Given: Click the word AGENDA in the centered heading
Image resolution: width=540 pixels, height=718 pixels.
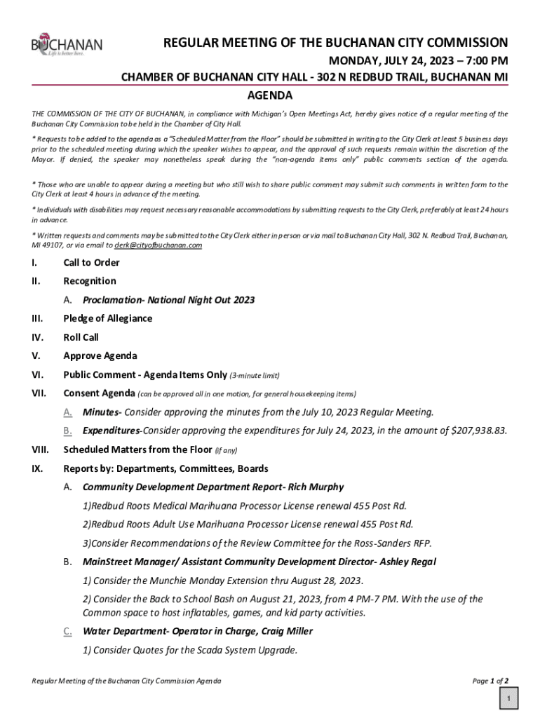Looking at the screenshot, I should point(270,95).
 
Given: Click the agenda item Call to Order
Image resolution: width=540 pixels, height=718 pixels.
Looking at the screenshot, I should point(91,262).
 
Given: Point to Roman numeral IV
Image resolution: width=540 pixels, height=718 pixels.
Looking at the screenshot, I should point(37,337).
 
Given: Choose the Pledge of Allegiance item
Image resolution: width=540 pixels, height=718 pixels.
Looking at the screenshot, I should point(107,318).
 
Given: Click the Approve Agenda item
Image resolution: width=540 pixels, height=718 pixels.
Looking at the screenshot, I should point(100,356).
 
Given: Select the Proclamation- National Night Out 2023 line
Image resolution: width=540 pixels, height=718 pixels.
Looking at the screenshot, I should point(168,300).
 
